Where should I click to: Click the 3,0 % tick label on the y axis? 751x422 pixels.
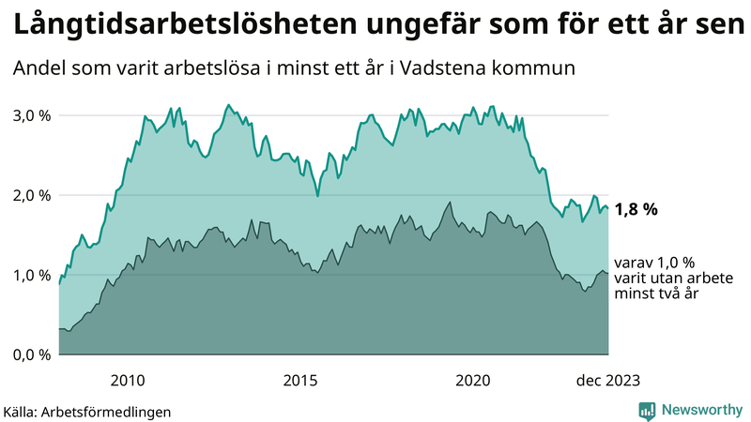tap(31, 115)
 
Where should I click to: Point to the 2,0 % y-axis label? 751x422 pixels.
tap(31, 195)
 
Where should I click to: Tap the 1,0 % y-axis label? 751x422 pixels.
tap(31, 275)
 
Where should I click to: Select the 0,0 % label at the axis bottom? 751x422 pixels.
tap(31, 354)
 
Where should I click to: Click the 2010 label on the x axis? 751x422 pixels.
tap(127, 380)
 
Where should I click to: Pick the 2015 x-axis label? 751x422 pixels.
tap(300, 380)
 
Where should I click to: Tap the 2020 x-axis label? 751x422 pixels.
tap(473, 380)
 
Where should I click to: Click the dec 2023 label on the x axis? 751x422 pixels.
tap(607, 380)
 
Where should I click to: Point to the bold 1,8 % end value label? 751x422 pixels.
tap(636, 210)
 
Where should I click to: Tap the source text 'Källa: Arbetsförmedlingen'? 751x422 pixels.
tap(87, 411)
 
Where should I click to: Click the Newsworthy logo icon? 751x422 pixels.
tap(647, 410)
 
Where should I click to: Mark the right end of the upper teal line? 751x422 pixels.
tap(608, 208)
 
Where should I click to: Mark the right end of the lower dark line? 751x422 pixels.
tap(608, 274)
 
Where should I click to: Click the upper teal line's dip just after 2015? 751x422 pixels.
tap(318, 195)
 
